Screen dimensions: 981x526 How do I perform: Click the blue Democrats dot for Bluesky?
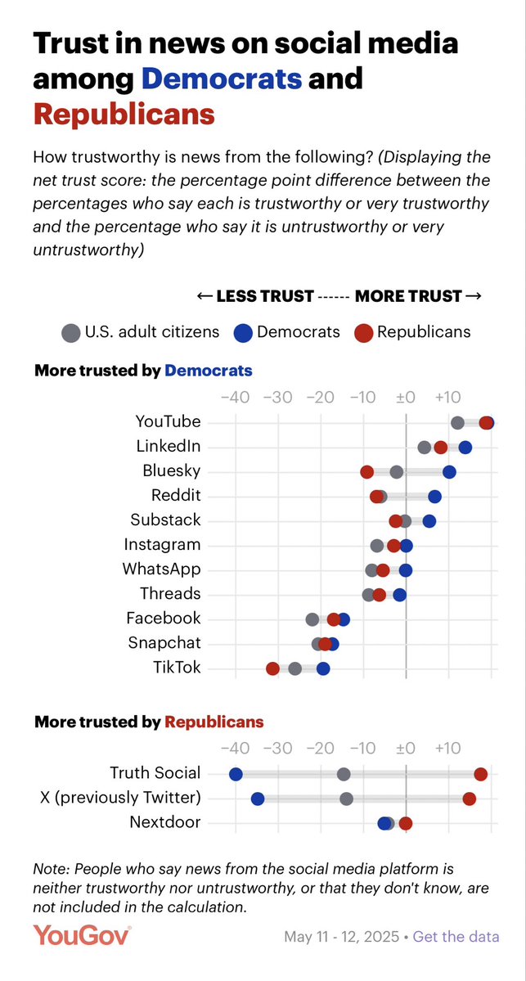pyautogui.click(x=449, y=471)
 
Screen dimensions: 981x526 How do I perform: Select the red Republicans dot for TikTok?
pyautogui.click(x=272, y=668)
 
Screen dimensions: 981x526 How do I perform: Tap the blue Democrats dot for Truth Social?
pyautogui.click(x=236, y=774)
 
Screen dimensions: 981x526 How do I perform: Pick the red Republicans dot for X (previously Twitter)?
pyautogui.click(x=469, y=799)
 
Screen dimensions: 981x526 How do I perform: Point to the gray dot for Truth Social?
pyautogui.click(x=344, y=774)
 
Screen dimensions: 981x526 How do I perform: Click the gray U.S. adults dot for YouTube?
pyautogui.click(x=457, y=422)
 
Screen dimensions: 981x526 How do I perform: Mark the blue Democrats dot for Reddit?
pyautogui.click(x=434, y=496)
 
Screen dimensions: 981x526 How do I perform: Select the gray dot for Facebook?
pyautogui.click(x=312, y=619)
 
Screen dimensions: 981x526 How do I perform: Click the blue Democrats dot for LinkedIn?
pyautogui.click(x=465, y=447)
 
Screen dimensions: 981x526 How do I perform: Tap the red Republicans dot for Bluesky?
pyautogui.click(x=367, y=471)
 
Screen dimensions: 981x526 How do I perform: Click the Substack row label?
pyautogui.click(x=165, y=520)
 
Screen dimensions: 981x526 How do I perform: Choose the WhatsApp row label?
pyautogui.click(x=161, y=569)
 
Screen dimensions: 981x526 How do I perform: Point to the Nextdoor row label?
pyautogui.click(x=164, y=822)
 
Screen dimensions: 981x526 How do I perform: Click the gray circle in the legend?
pyautogui.click(x=71, y=332)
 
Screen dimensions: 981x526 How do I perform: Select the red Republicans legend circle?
pyautogui.click(x=363, y=332)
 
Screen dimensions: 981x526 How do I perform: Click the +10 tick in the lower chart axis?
pyautogui.click(x=447, y=748)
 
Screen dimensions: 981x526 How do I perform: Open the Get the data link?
pyautogui.click(x=456, y=937)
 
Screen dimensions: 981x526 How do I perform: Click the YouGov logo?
pyautogui.click(x=82, y=935)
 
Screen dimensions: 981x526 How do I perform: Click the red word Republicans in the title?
pyautogui.click(x=124, y=114)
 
